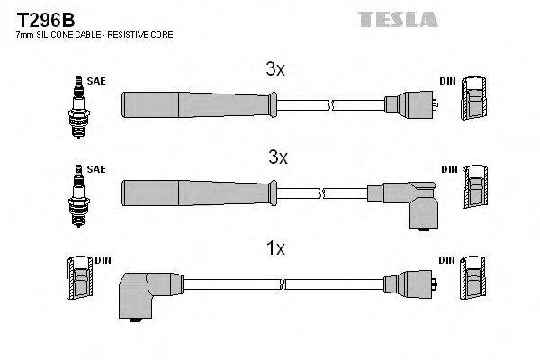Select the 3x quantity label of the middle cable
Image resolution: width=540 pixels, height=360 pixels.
coord(278,157)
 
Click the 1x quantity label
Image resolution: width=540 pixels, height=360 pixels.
coord(276,248)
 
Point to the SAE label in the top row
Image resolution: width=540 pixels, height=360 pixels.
coord(96,81)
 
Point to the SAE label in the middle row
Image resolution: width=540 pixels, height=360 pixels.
coord(96,168)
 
